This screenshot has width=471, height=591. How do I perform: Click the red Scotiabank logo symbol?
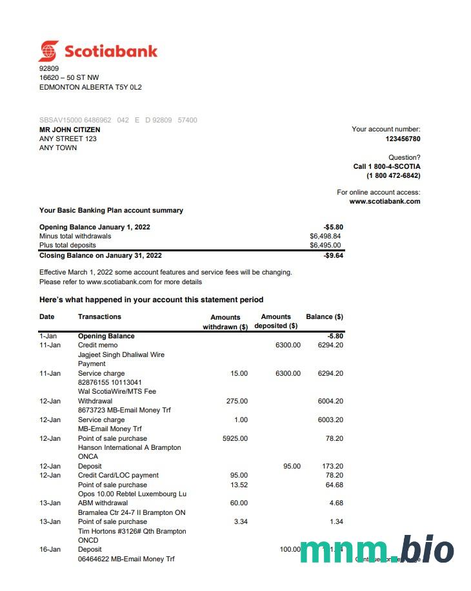49,51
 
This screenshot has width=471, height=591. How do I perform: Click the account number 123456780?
403,139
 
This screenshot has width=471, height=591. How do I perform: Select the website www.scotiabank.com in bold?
385,201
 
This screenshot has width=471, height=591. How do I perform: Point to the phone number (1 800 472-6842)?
393,175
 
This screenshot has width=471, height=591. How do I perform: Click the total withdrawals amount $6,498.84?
325,236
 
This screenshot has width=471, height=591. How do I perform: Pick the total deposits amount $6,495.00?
325,245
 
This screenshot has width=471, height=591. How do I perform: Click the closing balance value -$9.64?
334,255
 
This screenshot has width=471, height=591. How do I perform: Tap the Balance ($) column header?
324,316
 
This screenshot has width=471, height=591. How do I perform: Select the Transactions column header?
99,316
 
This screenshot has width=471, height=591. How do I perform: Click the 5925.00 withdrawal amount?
235,438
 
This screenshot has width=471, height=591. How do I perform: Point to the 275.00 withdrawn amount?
237,401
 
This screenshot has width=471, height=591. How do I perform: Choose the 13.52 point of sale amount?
239,485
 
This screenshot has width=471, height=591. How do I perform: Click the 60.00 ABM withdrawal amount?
239,503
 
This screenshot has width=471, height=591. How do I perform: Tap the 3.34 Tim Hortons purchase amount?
241,521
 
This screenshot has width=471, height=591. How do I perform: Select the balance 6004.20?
330,401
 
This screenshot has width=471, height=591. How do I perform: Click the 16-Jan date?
50,549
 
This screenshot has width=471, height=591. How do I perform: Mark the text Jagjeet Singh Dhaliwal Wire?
121,354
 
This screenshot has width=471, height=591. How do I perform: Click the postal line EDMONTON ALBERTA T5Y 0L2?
90,87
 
